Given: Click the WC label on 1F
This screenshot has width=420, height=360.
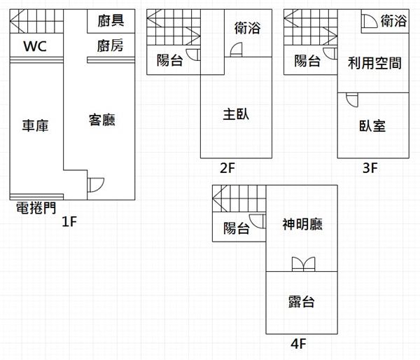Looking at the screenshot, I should coord(35,47).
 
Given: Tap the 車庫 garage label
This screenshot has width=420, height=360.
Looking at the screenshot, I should coord(35,125).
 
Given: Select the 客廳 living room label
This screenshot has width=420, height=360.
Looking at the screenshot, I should coord(101,120).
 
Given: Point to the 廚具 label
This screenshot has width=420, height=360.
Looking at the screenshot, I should coord(111,21).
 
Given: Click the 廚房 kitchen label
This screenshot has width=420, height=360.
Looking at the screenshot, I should coord(111,47).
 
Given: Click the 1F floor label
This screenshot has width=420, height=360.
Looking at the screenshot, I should coord(69,223).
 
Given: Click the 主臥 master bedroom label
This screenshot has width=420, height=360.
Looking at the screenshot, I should coord(236,113).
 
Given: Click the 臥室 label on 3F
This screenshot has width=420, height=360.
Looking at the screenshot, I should coord(372,125).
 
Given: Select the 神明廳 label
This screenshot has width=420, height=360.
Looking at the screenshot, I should coord(302,225).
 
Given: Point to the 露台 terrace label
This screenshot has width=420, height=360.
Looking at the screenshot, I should coord(301,302).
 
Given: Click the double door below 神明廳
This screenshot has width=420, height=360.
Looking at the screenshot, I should coord(302,264).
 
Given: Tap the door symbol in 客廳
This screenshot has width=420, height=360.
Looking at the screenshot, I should coord(95,186).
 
